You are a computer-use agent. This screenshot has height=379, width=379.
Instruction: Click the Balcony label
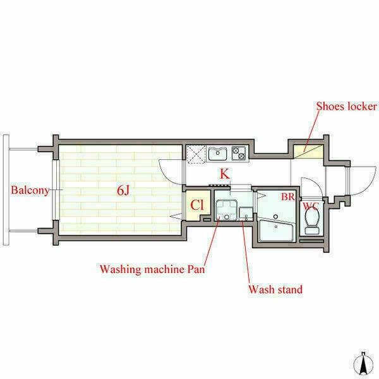click(x=30, y=190)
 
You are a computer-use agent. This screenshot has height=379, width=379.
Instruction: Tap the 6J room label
click(x=123, y=191)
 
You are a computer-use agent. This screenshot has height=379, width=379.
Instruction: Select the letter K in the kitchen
click(x=224, y=174)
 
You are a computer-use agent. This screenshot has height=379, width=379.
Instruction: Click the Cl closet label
click(x=197, y=205)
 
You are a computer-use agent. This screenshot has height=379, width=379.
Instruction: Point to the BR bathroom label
click(x=288, y=196)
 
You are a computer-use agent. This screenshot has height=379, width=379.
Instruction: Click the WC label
click(x=311, y=206)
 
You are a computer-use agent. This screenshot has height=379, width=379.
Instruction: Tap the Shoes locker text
click(x=346, y=106)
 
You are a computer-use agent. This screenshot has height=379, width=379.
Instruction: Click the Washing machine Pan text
click(x=152, y=269)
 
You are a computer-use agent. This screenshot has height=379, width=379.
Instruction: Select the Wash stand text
click(x=275, y=289)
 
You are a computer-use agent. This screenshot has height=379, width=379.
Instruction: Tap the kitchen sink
click(x=217, y=153)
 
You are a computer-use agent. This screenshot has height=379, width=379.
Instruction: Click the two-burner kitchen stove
click(x=238, y=153)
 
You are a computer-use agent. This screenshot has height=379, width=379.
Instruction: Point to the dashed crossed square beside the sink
click(x=196, y=154)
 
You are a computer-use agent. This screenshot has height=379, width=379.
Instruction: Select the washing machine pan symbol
click(x=227, y=210)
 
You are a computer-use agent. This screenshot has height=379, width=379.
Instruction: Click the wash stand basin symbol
click(x=246, y=214)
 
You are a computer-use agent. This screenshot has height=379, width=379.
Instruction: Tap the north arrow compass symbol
click(x=363, y=365)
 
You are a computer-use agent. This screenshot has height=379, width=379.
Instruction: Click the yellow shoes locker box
click(x=308, y=152)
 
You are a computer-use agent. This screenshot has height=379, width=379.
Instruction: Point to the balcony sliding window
click(x=56, y=189)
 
